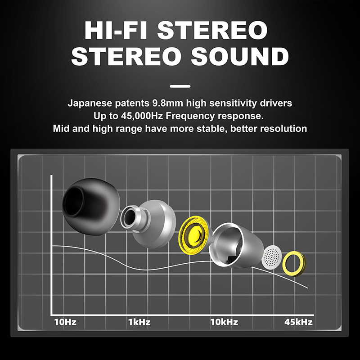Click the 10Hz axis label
click(x=65, y=322)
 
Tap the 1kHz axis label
click(x=139, y=322)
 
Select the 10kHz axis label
click(x=224, y=322)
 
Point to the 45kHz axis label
click(x=298, y=322)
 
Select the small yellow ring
click(x=294, y=264)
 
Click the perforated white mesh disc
click(x=272, y=257)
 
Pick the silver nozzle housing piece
click(x=148, y=224)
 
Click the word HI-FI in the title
click(x=116, y=31)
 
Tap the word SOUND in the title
click(x=240, y=56)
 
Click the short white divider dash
click(x=180, y=86)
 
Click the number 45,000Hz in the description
click(x=142, y=116)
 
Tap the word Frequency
click(x=190, y=116)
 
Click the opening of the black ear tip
click(x=74, y=201)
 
